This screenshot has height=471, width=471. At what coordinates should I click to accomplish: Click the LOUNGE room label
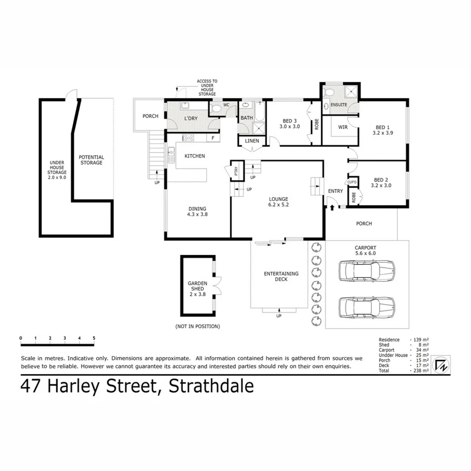[x=279, y=199]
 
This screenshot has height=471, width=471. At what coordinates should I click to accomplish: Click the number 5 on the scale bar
[x=94, y=338]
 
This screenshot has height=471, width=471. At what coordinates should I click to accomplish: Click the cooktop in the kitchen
[x=188, y=138]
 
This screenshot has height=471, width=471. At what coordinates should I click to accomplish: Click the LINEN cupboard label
[x=252, y=141]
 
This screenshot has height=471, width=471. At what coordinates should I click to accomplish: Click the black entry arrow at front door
[x=332, y=208]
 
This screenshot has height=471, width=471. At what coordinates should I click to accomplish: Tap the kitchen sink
[x=171, y=151]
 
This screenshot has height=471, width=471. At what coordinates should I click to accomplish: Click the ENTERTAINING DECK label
[x=281, y=276]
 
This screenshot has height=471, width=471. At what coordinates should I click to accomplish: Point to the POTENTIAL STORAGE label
[x=91, y=160]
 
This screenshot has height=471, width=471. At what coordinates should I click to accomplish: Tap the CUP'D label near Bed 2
[x=352, y=182]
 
